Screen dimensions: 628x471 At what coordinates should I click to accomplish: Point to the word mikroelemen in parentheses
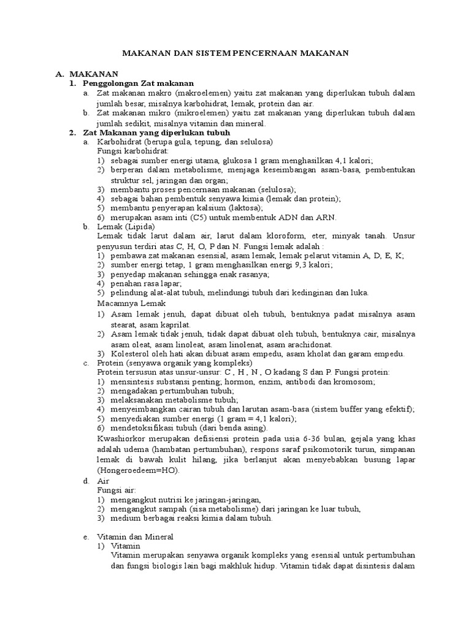click(x=185, y=113)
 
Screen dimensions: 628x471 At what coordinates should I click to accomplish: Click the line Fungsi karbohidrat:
click(x=128, y=151)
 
